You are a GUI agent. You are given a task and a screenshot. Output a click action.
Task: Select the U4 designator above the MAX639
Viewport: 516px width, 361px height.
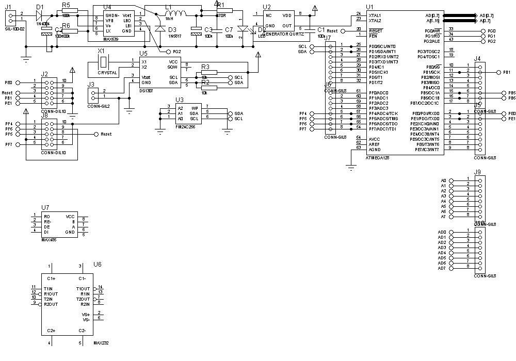pyautogui.click(x=107, y=7)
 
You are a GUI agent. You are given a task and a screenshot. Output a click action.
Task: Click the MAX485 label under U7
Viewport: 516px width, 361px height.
pyautogui.click(x=49, y=240)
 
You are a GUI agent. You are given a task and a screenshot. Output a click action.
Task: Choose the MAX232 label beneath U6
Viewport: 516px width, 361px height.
pyautogui.click(x=101, y=342)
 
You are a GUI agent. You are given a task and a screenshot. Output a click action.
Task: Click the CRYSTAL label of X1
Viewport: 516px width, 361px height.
pyautogui.click(x=107, y=73)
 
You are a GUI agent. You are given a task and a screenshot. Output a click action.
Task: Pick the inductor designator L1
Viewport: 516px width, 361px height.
pyautogui.click(x=169, y=8)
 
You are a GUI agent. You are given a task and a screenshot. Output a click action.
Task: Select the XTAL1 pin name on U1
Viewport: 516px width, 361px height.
pyautogui.click(x=375, y=15)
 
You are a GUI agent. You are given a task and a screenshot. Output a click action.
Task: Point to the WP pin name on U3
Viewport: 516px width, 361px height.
pyautogui.click(x=195, y=108)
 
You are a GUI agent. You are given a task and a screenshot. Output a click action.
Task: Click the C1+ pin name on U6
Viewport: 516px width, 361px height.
pyautogui.click(x=51, y=278)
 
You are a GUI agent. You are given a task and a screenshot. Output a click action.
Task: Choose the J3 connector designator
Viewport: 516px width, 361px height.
pyautogui.click(x=91, y=84)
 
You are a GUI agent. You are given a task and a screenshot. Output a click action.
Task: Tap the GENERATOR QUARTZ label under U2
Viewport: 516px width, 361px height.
pyautogui.click(x=283, y=33)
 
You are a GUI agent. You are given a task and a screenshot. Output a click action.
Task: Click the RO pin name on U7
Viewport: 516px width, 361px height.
pyautogui.click(x=47, y=217)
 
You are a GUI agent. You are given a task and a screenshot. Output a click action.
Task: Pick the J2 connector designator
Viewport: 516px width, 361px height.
pyautogui.click(x=45, y=74)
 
